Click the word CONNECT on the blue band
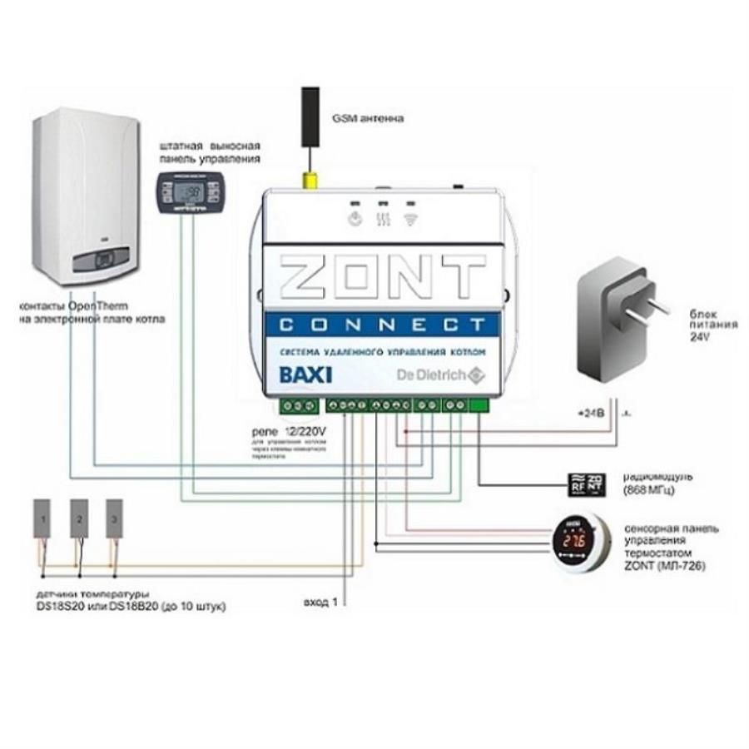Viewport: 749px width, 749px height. click(x=382, y=323)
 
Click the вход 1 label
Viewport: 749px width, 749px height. click(x=320, y=602)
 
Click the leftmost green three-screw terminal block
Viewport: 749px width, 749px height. click(x=299, y=405)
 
